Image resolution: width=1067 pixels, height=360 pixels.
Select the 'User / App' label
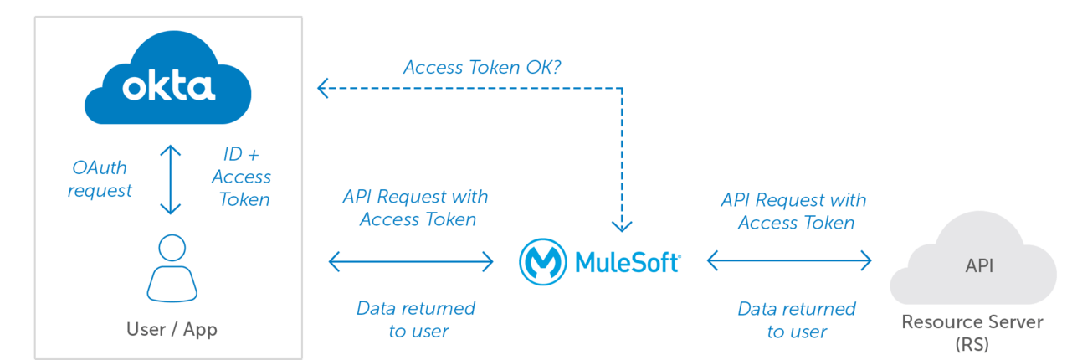click(172, 329)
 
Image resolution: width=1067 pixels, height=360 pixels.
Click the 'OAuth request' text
click(100, 179)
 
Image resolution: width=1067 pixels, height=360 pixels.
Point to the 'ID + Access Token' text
click(242, 177)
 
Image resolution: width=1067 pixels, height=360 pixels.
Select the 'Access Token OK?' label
click(482, 67)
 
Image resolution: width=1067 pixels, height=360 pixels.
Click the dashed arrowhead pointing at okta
click(321, 86)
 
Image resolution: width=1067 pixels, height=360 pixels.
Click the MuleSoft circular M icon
click(542, 262)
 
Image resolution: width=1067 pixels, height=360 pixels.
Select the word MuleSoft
click(628, 262)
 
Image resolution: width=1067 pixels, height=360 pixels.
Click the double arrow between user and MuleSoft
click(411, 262)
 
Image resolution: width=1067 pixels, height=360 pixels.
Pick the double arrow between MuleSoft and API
click(790, 261)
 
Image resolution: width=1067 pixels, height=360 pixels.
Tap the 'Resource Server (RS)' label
click(972, 332)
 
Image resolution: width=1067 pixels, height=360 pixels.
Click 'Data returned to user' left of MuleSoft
click(417, 319)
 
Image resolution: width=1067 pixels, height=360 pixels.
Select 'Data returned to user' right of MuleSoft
click(797, 320)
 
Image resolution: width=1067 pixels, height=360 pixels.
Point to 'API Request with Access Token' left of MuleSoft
click(416, 208)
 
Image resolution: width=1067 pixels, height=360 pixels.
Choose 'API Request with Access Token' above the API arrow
click(794, 211)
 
